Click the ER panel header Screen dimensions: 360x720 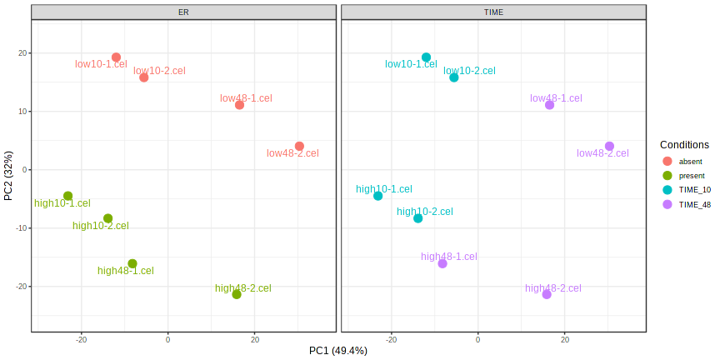[183, 12]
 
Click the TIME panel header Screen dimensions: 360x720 [493, 12]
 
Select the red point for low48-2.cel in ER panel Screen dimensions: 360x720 [299, 147]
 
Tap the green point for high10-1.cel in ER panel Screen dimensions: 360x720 [68, 197]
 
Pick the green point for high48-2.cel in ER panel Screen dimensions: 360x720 [237, 294]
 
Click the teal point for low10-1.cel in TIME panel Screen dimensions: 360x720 [426, 57]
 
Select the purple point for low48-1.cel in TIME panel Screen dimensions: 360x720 [550, 105]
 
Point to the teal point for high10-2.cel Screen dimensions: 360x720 [418, 218]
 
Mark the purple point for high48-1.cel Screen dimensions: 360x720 [442, 263]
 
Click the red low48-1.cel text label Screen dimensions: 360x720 [246, 97]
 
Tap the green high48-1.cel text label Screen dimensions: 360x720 [126, 271]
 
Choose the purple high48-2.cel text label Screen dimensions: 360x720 [553, 288]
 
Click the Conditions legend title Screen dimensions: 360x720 [684, 144]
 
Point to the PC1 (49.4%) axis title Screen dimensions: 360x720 [338, 351]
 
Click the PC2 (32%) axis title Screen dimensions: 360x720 [8, 175]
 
